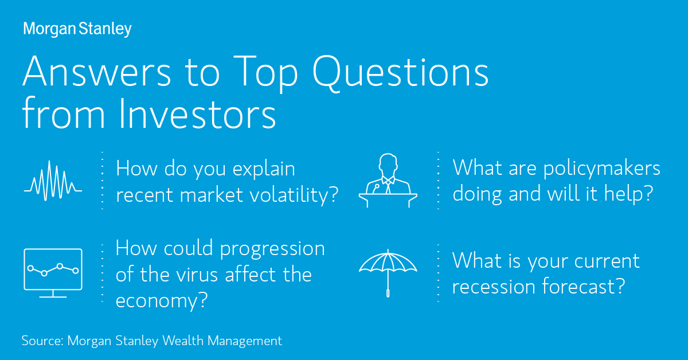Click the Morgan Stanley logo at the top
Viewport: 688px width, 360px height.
tap(77, 29)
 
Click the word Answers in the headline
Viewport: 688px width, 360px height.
tap(96, 71)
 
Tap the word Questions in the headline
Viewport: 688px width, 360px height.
tap(401, 73)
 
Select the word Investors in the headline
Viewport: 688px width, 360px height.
tap(197, 114)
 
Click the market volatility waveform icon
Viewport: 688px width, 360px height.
tap(53, 181)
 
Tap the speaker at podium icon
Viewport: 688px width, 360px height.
tap(388, 181)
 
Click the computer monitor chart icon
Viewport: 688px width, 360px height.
tap(53, 273)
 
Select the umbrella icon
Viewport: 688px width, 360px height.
tap(388, 273)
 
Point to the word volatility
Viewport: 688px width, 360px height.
tap(294, 195)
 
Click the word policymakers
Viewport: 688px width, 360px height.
tap(602, 169)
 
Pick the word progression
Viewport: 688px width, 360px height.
tap(272, 249)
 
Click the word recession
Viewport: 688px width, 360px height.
tap(494, 287)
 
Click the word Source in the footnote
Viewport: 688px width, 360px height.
tap(41, 341)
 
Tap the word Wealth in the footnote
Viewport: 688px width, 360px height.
tap(183, 341)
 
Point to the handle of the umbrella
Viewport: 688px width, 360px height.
tap(388, 293)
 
